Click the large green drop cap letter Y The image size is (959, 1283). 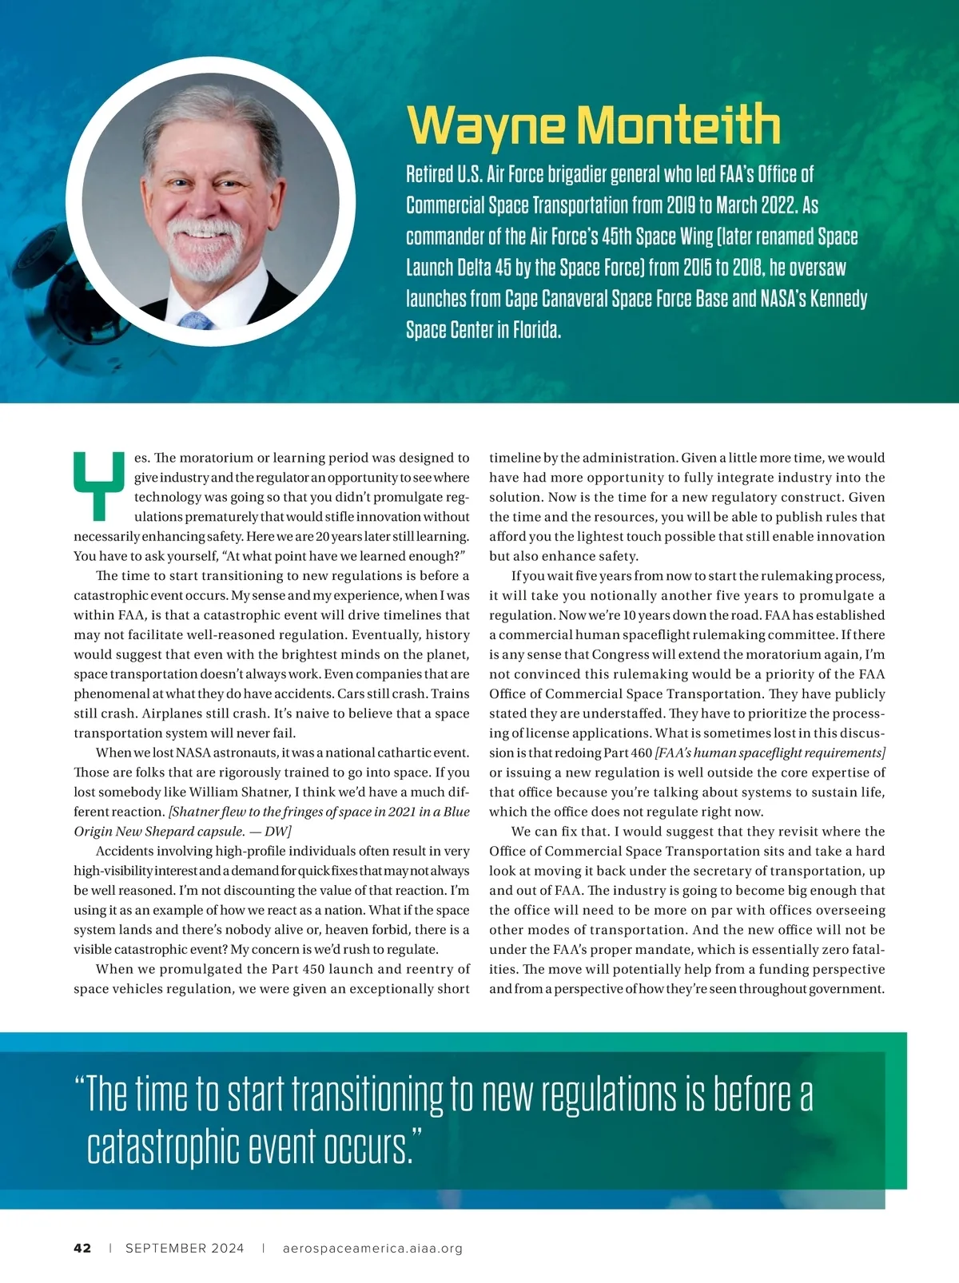pyautogui.click(x=99, y=483)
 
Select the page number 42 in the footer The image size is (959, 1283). pyautogui.click(x=82, y=1249)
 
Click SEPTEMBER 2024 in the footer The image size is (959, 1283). pyautogui.click(x=185, y=1249)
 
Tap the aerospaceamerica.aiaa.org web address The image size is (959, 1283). pyautogui.click(x=373, y=1249)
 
